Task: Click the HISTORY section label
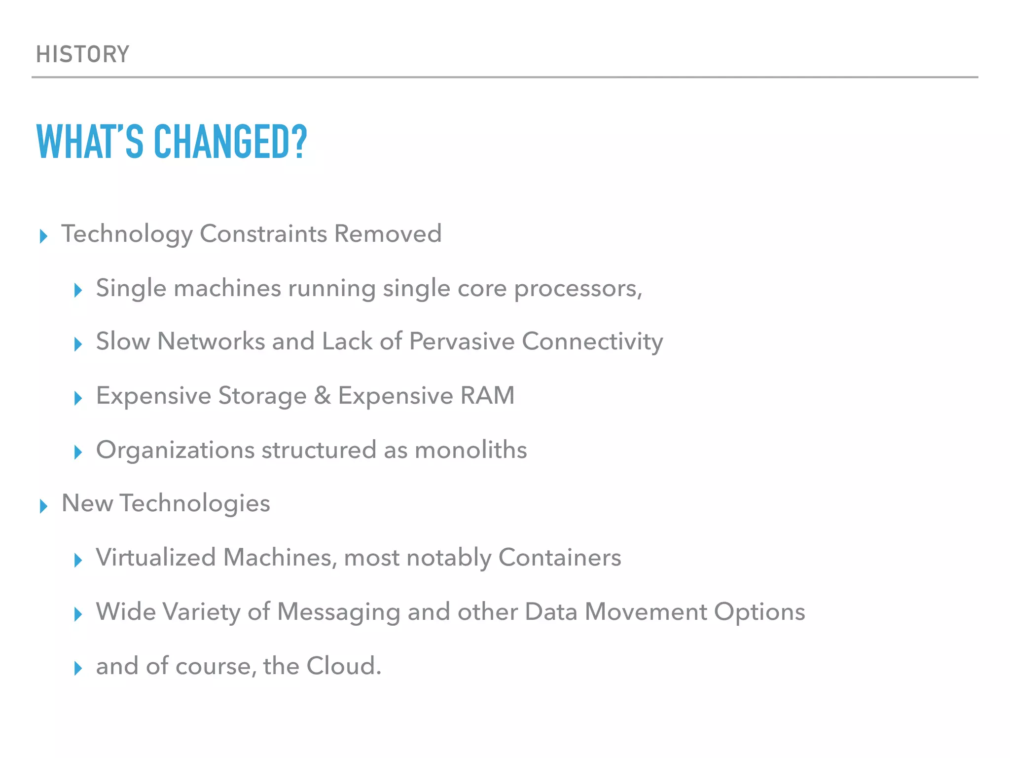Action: [x=83, y=54]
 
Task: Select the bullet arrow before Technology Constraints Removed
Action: [x=43, y=236]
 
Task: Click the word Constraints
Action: [x=263, y=233]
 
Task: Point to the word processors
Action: [x=578, y=289]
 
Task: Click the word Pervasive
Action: [x=462, y=341]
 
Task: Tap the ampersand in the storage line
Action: [x=322, y=396]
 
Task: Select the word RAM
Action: [x=487, y=396]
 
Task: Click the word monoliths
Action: [x=470, y=450]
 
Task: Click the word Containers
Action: [x=559, y=558]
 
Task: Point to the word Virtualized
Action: [x=156, y=558]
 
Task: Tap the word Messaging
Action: [x=338, y=612]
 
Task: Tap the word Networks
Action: [x=211, y=341]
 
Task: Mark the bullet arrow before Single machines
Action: [x=78, y=291]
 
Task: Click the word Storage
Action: [x=262, y=396]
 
